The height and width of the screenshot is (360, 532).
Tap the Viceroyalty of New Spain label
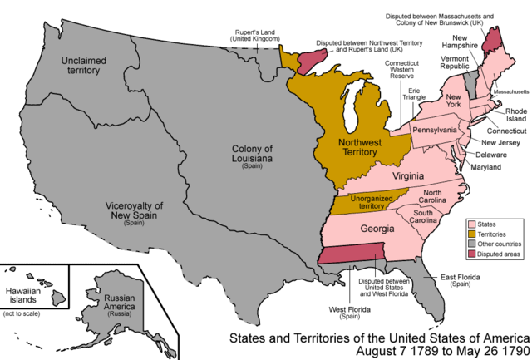tap(133, 211)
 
